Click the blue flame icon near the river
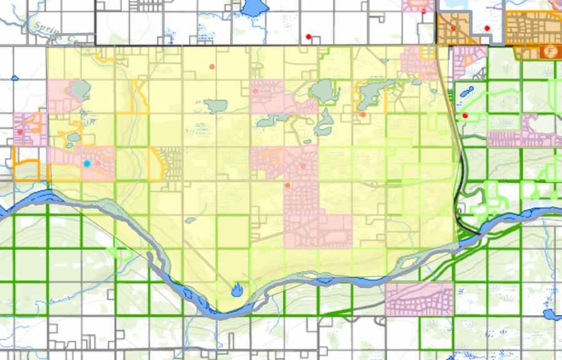click(237, 289)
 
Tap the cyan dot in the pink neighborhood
click(87, 163)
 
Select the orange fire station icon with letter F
click(551, 49)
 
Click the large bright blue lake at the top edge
click(252, 8)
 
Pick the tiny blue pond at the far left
click(15, 79)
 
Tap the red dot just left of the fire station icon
click(487, 29)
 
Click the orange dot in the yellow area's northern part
click(212, 66)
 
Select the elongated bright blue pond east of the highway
click(466, 92)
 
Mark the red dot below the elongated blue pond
click(465, 116)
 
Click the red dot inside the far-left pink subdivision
click(20, 132)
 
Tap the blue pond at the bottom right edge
click(549, 314)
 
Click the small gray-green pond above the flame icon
click(191, 220)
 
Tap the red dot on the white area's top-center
click(308, 37)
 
